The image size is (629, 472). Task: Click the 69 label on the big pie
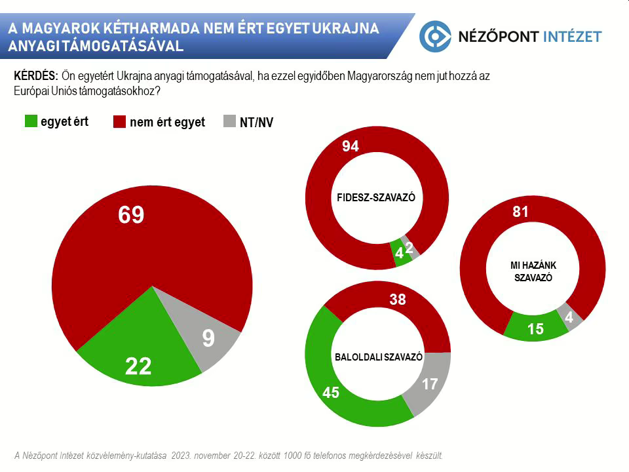click(131, 215)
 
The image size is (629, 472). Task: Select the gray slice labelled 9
click(208, 338)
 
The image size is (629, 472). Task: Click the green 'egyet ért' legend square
click(31, 121)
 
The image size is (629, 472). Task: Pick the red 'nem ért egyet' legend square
click(120, 122)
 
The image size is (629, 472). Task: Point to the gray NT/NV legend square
click(229, 122)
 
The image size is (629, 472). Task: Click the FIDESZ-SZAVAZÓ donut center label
click(376, 197)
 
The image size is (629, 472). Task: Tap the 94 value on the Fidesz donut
click(351, 146)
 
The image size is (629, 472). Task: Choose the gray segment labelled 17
click(429, 383)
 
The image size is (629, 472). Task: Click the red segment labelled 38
click(398, 300)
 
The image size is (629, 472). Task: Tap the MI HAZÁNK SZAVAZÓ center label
click(531, 271)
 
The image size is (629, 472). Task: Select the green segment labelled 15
click(535, 329)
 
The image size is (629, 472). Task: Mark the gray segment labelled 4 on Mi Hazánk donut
click(569, 317)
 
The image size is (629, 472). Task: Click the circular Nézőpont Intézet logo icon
click(435, 36)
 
